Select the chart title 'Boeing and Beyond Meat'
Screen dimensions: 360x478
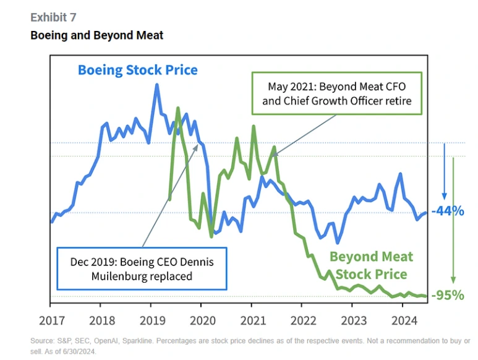(x=97, y=35)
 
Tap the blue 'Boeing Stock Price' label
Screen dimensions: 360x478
(x=137, y=69)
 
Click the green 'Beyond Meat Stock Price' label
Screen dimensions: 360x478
(x=371, y=265)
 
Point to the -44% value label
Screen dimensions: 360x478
(x=447, y=211)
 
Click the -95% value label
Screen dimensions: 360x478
(x=447, y=295)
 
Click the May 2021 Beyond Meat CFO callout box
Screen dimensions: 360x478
(x=336, y=93)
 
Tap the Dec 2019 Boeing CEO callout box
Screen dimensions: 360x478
(x=142, y=268)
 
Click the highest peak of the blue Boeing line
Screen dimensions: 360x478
(x=157, y=85)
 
